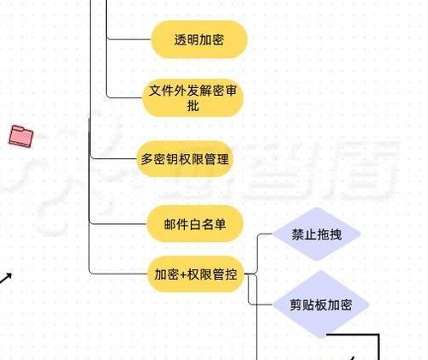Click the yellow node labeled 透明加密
click(x=199, y=39)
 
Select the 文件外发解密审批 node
click(x=193, y=98)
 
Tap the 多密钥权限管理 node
click(x=185, y=159)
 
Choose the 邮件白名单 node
click(x=195, y=224)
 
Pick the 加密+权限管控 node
click(x=196, y=274)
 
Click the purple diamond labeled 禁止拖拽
click(x=317, y=234)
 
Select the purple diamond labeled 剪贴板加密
click(x=321, y=304)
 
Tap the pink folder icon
click(x=21, y=136)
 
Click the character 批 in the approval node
click(x=193, y=106)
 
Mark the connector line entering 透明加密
click(x=128, y=38)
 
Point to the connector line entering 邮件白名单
click(x=118, y=223)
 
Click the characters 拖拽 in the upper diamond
click(x=330, y=234)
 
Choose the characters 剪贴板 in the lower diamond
click(x=308, y=305)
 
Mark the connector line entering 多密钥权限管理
click(x=114, y=158)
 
